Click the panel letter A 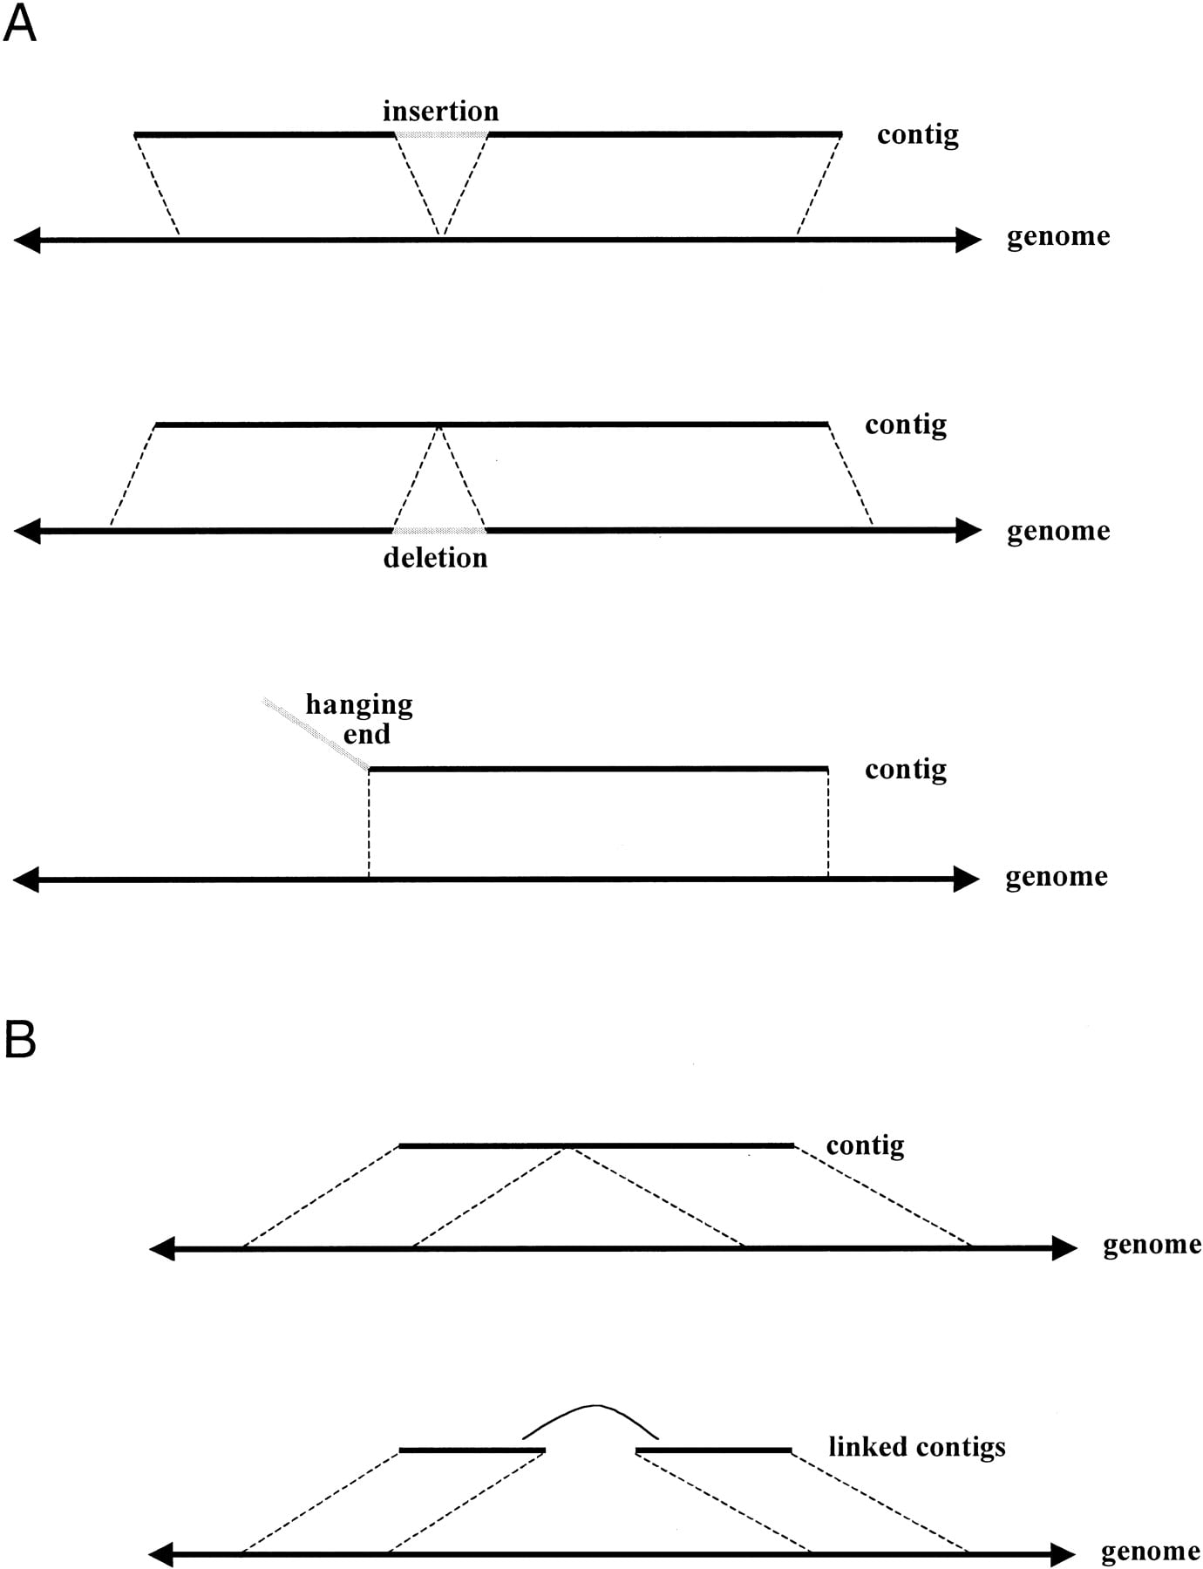click(19, 24)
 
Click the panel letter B click(19, 1039)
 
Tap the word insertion click(440, 112)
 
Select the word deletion click(435, 558)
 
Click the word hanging click(359, 705)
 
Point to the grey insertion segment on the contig click(441, 134)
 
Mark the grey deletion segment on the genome click(439, 530)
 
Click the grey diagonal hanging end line click(316, 734)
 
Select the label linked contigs click(916, 1447)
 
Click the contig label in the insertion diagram click(918, 135)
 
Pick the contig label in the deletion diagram click(906, 425)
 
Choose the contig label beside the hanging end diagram click(906, 770)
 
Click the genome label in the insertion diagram click(1058, 237)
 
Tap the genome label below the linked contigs click(1151, 1552)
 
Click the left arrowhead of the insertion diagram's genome click(27, 240)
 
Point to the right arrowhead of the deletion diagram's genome click(969, 530)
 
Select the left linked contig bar click(472, 1450)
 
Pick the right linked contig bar click(714, 1450)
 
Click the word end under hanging click(366, 735)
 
